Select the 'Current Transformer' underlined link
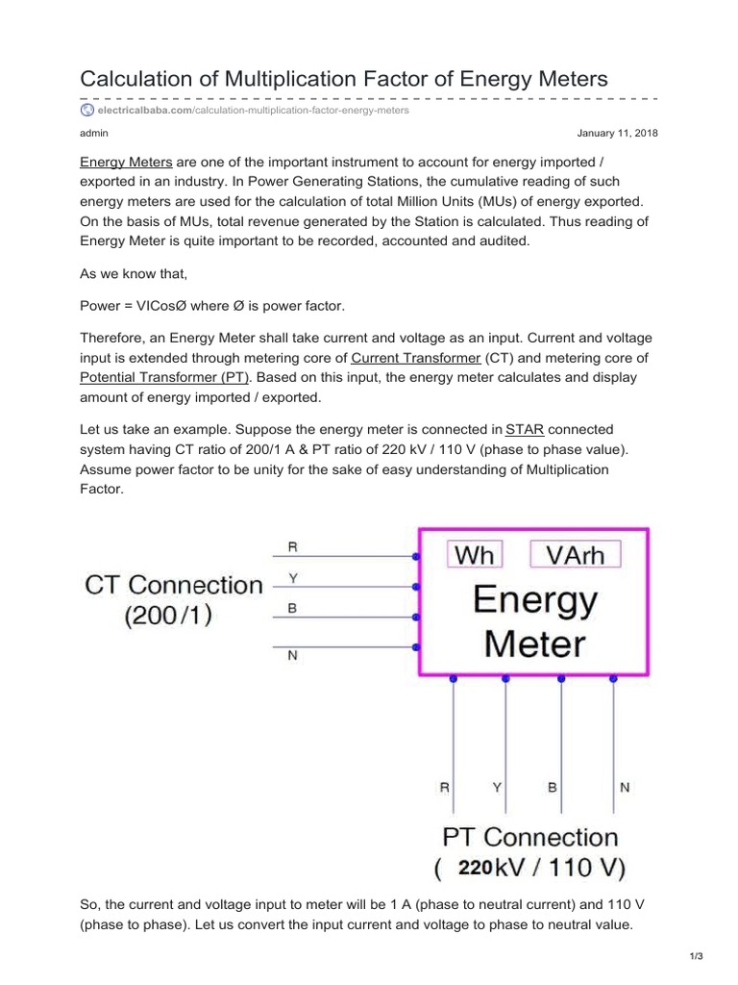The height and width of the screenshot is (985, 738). pos(415,358)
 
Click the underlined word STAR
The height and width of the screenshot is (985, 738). pos(526,429)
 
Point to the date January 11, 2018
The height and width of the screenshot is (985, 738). pos(617,133)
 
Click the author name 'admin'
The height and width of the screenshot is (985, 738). pos(93,133)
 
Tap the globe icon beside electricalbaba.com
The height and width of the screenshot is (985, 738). pos(87,111)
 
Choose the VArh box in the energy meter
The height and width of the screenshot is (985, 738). pos(576,555)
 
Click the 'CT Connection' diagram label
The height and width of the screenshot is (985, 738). pos(174,585)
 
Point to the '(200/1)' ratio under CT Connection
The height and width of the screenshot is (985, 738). pos(168,616)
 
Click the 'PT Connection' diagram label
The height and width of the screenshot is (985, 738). pos(529,837)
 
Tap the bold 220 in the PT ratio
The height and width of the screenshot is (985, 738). pos(476,868)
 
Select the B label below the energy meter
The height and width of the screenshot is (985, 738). pos(553,787)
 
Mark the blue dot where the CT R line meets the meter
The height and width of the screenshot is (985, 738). pos(416,557)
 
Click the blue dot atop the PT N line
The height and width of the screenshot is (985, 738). pos(613,678)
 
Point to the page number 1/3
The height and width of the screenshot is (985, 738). pos(698,955)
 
